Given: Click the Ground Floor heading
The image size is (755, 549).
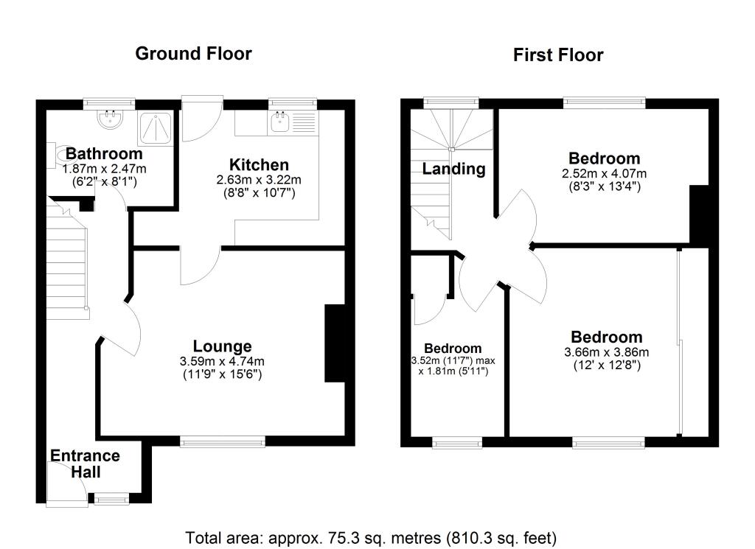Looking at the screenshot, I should coord(193,54).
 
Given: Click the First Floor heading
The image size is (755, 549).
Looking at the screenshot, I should coord(558,55).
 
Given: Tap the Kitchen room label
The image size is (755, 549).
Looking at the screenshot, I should coord(258,164).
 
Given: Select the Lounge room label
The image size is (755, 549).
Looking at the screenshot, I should coord(222,346).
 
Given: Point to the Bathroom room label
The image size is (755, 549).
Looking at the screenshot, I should coord(104,154).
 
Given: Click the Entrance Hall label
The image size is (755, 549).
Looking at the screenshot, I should coord(85,464).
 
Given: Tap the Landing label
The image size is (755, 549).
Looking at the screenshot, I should coord(453,169).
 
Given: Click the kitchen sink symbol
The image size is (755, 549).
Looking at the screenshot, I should coord(279,122).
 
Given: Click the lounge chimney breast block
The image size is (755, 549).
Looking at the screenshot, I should coord(335,343).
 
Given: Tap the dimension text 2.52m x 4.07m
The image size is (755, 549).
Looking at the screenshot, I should coord(604,174).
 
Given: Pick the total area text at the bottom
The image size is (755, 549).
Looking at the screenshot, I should coord(371,536).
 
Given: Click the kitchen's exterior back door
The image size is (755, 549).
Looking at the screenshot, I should coord(201,119).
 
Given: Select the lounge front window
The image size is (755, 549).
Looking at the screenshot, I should coord(223,441).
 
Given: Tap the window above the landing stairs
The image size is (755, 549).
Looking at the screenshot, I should coord(450,102).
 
